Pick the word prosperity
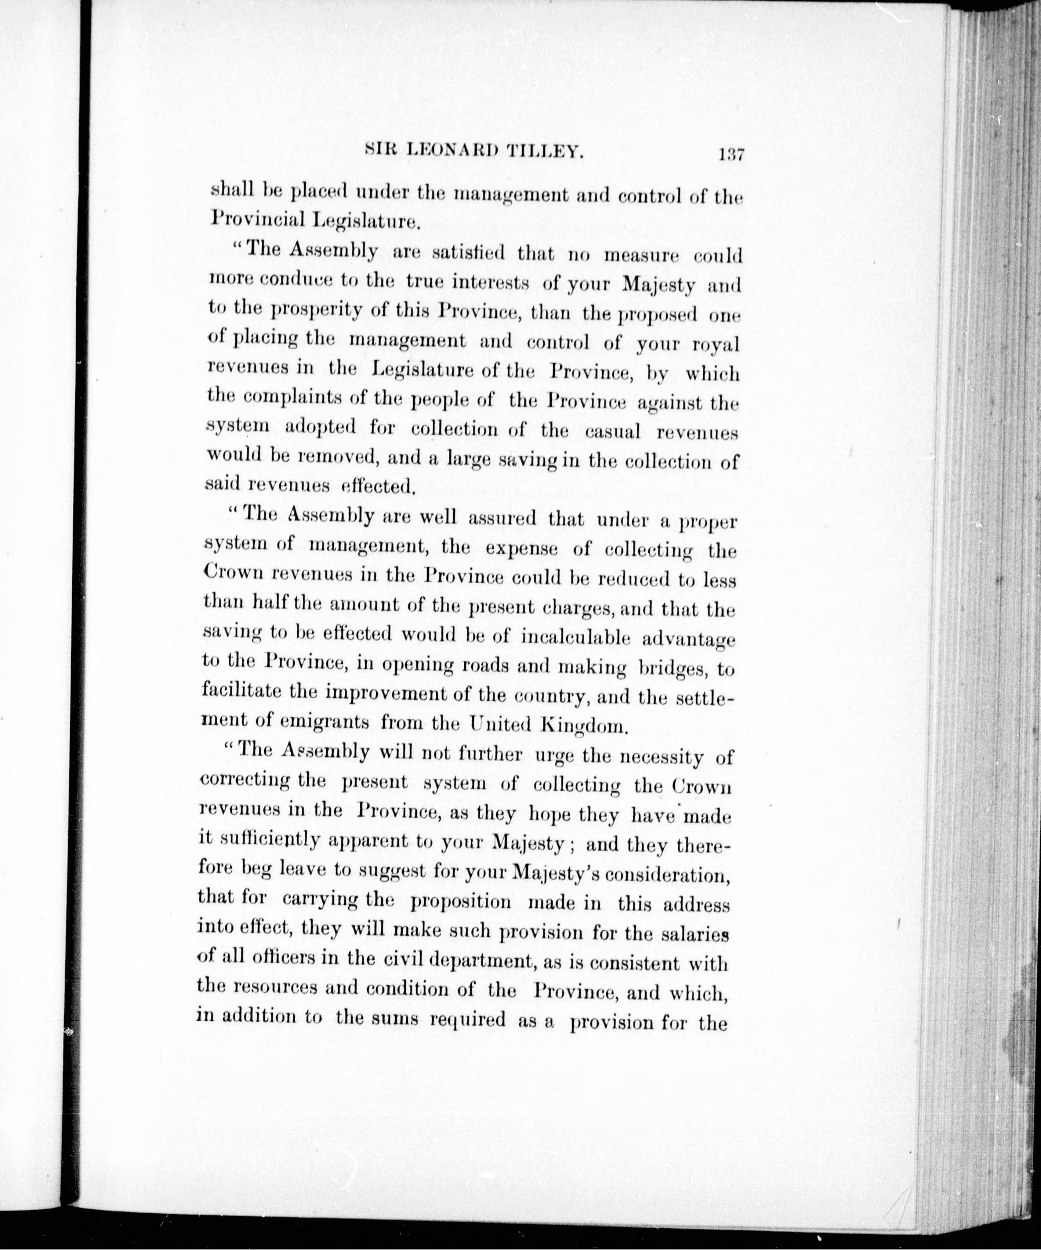317,311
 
